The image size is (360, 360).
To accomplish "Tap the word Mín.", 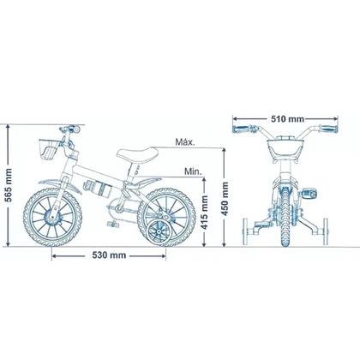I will click(193, 171).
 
